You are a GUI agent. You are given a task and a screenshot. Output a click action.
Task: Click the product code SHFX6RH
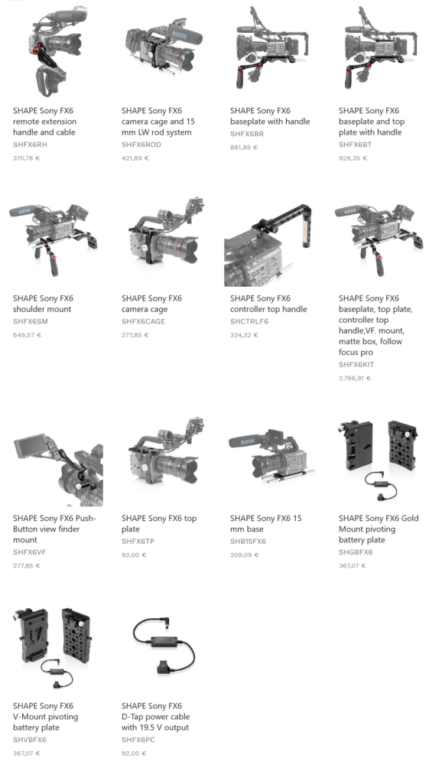click(x=31, y=145)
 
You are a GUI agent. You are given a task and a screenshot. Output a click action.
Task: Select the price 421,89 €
click(x=135, y=158)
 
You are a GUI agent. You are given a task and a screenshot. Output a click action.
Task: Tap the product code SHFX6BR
click(x=247, y=134)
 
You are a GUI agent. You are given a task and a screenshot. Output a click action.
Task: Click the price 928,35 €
click(x=353, y=158)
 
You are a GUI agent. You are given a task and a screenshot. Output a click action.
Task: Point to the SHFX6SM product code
click(x=31, y=321)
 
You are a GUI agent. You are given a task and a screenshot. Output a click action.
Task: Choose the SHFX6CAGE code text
click(x=143, y=321)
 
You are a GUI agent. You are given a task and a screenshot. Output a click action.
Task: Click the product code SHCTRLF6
click(x=249, y=321)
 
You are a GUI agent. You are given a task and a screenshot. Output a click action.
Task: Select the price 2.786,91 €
click(x=355, y=378)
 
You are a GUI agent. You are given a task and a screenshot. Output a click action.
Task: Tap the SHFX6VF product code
click(x=29, y=552)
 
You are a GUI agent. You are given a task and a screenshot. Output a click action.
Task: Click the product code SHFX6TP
click(x=138, y=542)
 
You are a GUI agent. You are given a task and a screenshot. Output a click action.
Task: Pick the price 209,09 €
click(x=244, y=555)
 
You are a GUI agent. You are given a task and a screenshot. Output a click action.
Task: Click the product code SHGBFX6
click(x=356, y=552)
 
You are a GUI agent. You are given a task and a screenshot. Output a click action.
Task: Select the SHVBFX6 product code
click(x=30, y=740)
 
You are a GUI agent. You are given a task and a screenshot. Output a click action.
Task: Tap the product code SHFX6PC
click(x=138, y=740)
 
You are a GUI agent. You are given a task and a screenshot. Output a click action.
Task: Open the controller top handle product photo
click(x=268, y=243)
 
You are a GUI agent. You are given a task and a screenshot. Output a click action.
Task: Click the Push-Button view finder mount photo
click(x=58, y=470)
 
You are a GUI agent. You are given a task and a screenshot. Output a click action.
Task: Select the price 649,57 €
click(x=27, y=335)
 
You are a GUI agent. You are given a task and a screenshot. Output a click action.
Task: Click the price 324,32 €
click(x=244, y=335)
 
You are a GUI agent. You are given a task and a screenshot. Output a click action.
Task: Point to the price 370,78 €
click(x=26, y=158)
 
